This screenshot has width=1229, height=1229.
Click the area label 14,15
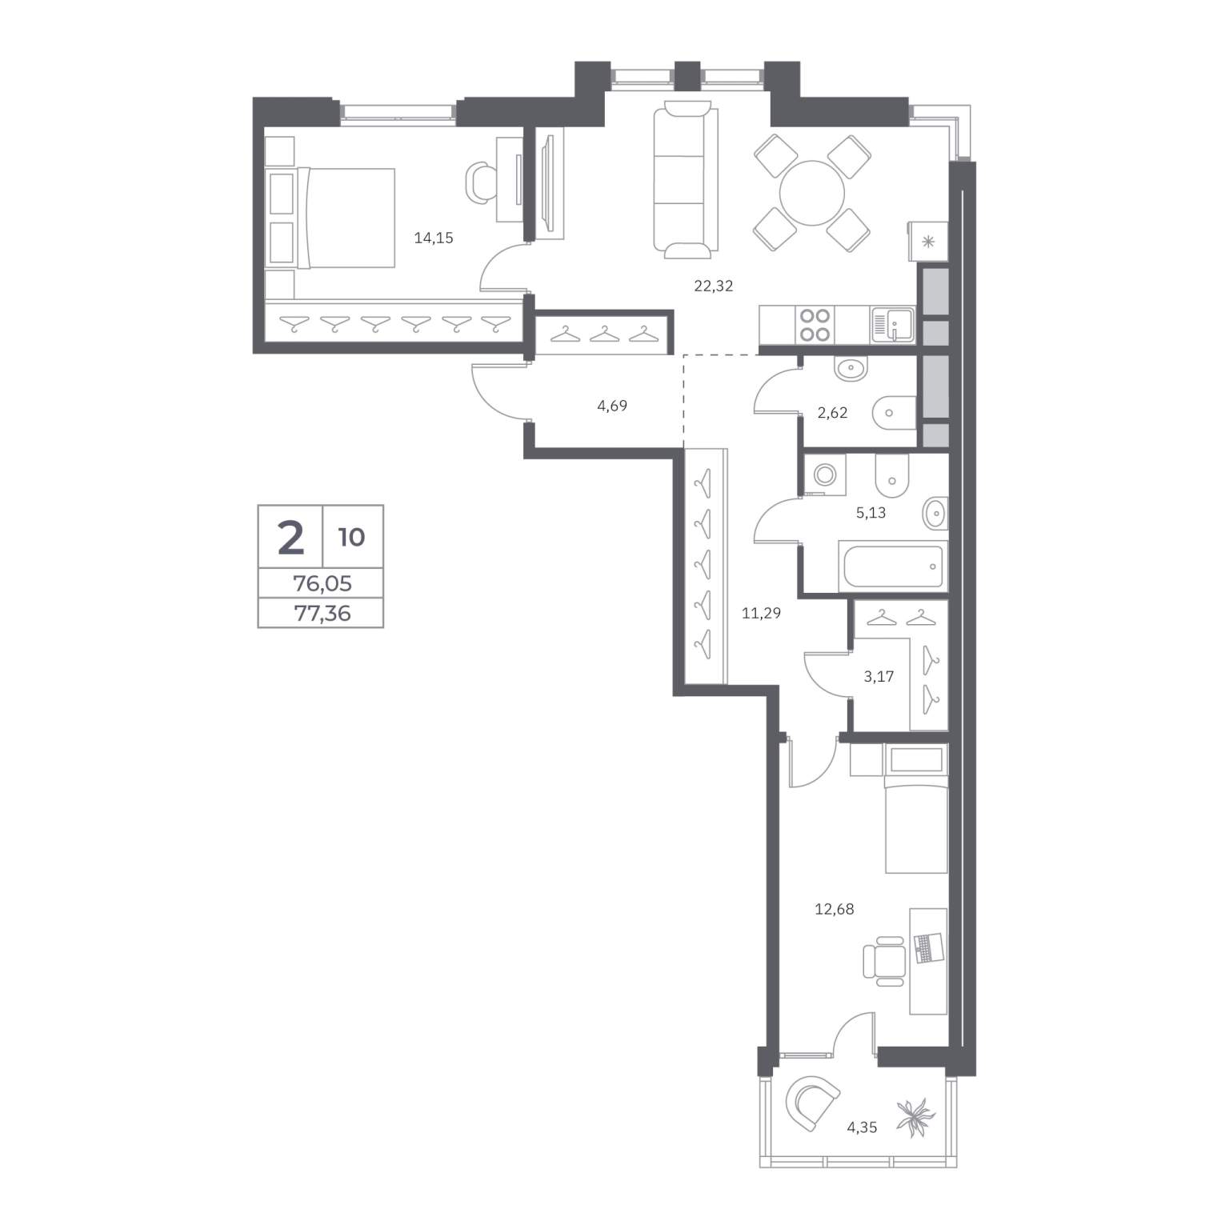point(434,238)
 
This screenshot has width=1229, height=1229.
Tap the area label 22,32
point(714,286)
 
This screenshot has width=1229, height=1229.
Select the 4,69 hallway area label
point(612,406)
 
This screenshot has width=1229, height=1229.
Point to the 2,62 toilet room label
point(832,413)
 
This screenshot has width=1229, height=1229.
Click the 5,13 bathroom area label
point(871,513)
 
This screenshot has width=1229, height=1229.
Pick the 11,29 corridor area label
point(761,614)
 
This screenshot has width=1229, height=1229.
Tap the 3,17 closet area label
point(879,676)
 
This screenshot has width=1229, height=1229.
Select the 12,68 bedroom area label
point(835,909)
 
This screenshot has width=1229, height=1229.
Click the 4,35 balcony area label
point(863,1127)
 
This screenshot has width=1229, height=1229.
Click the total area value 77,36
point(322,614)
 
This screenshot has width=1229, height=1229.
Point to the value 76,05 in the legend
point(322,583)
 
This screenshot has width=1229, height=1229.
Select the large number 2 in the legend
point(290,537)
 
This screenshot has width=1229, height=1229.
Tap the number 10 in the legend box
point(352,537)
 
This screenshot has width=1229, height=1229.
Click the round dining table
point(812,194)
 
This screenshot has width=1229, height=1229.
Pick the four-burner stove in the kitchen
point(815,325)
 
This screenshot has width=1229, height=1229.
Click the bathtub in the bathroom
point(893,566)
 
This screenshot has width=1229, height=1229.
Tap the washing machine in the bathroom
point(824,474)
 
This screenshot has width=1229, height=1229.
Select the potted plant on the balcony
point(916,1117)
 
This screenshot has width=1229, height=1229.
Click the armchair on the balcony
point(812,1102)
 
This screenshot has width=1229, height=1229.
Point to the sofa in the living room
point(687,180)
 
